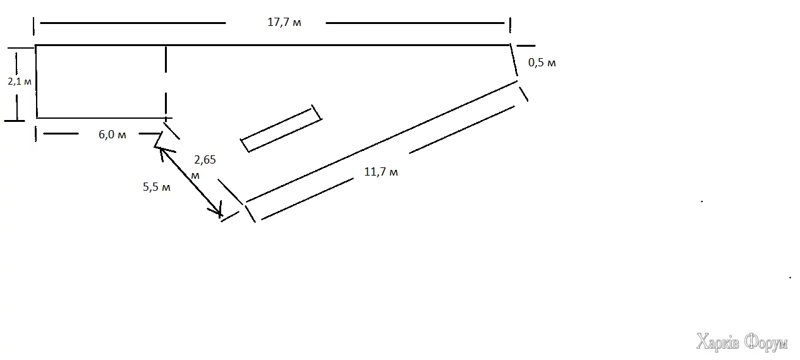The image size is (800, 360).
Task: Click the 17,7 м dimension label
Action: point(284,22)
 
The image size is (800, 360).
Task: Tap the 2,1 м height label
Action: point(20,81)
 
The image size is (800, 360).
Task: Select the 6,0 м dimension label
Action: point(112,135)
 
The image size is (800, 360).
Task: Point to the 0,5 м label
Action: point(542,63)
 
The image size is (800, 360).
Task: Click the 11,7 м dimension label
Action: point(380,172)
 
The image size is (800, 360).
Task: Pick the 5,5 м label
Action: point(157,186)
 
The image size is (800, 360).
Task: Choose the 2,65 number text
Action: point(205,160)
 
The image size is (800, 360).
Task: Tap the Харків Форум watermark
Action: point(742,342)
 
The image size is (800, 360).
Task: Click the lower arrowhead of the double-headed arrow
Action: point(219,212)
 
